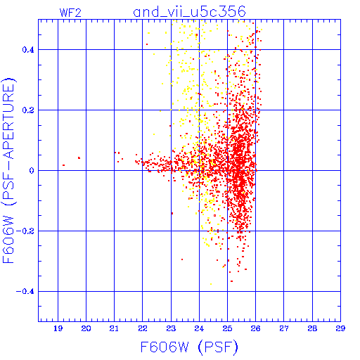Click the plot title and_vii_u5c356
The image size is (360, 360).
189,12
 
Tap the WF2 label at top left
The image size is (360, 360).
70,13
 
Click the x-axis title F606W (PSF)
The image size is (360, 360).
189,347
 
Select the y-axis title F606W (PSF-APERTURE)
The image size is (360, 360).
9,170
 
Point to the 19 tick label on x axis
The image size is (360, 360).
58,328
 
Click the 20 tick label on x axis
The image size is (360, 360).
86,328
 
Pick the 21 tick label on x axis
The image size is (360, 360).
114,328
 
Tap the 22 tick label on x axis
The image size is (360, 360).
143,328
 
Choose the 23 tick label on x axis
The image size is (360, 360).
171,328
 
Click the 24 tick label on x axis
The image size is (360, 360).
199,328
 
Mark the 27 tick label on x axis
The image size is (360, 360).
284,328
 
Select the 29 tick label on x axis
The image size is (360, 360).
340,328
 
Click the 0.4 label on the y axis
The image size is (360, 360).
28,50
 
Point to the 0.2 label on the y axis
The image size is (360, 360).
28,110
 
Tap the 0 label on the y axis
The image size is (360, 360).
32,171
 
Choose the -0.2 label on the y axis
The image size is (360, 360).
25,231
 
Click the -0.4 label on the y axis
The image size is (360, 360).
25,292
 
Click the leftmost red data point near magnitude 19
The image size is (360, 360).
63,165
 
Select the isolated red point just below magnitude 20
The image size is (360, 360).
79,158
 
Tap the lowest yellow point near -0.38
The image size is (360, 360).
211,284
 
